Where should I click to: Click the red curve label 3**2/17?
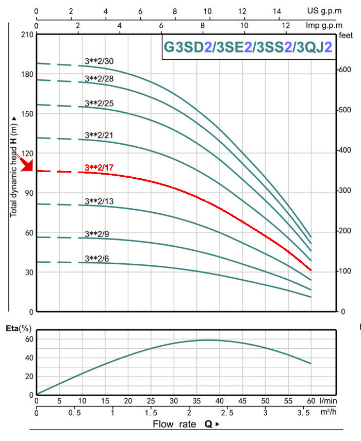coord(99,167)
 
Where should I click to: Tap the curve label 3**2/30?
coord(99,61)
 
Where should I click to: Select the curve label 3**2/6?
coord(97,259)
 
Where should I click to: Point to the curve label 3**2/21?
coord(99,135)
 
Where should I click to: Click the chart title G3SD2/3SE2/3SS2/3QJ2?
coord(248,47)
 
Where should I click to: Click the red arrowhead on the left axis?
coord(28,165)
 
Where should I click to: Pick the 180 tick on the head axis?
coord(27,74)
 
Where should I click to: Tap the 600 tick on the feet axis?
coord(344,70)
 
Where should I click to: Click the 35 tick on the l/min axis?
coord(196,401)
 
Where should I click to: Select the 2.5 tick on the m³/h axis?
coord(227,413)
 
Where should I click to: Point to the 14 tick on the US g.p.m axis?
coord(277,11)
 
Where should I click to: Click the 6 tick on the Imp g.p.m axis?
coord(161,26)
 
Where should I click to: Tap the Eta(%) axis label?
coord(19,328)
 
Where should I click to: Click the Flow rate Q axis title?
coord(186,424)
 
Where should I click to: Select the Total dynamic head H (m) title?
coord(13,167)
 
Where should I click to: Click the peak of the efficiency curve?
coord(207,341)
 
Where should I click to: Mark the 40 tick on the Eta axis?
coord(29,358)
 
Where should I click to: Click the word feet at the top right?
coord(346,36)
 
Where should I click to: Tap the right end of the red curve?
coord(311,270)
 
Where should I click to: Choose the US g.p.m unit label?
coord(324,11)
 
